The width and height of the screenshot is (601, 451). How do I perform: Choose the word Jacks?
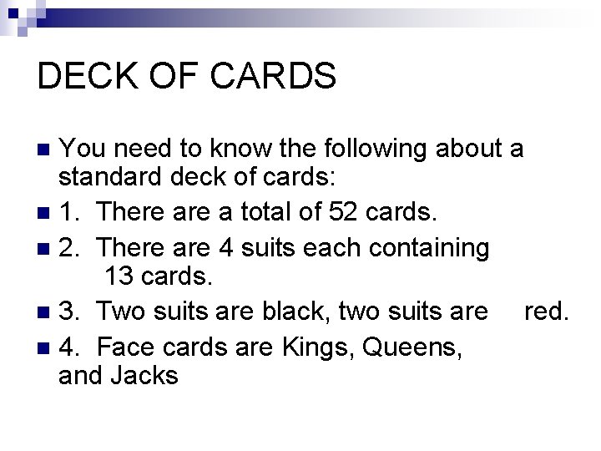(144, 376)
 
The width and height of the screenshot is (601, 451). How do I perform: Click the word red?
(546, 312)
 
